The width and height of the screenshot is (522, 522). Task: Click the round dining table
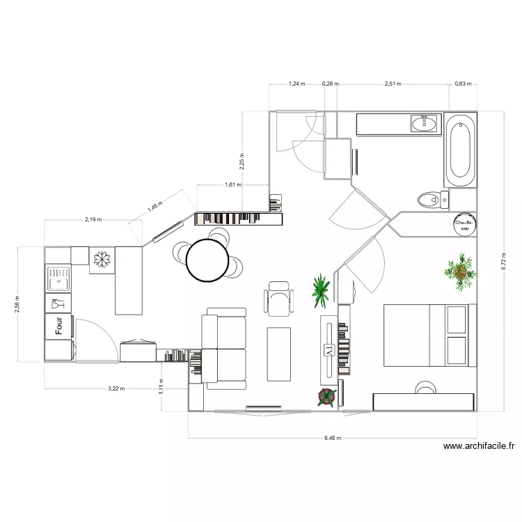click(x=207, y=260)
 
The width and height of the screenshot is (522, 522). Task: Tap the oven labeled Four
click(x=59, y=326)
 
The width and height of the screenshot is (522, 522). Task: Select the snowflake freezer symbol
click(x=102, y=259)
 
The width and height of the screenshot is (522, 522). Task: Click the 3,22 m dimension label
click(x=116, y=389)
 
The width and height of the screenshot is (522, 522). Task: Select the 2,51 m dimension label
click(x=393, y=84)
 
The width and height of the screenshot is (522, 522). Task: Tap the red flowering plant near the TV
click(x=326, y=397)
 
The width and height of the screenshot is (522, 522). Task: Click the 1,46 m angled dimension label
click(x=153, y=207)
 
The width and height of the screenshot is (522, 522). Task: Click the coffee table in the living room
click(x=280, y=353)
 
